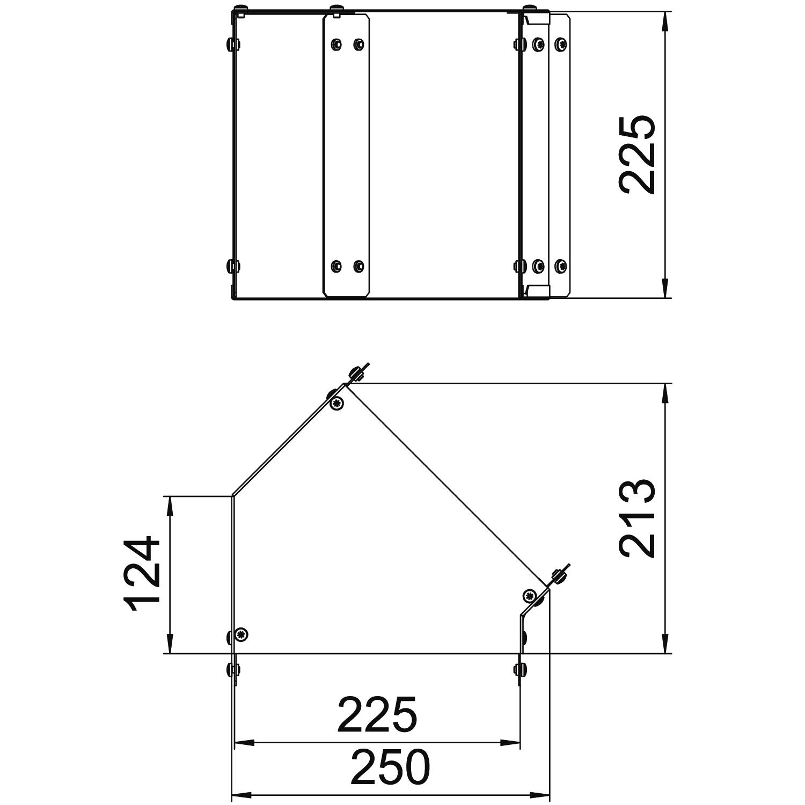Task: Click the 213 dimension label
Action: tap(637, 519)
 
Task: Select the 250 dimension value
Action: tap(390, 768)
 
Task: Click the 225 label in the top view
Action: tap(637, 154)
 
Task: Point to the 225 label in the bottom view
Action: tap(377, 715)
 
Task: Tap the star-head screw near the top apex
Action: tap(337, 403)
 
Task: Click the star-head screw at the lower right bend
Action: tap(530, 595)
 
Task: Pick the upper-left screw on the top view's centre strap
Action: tap(336, 44)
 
